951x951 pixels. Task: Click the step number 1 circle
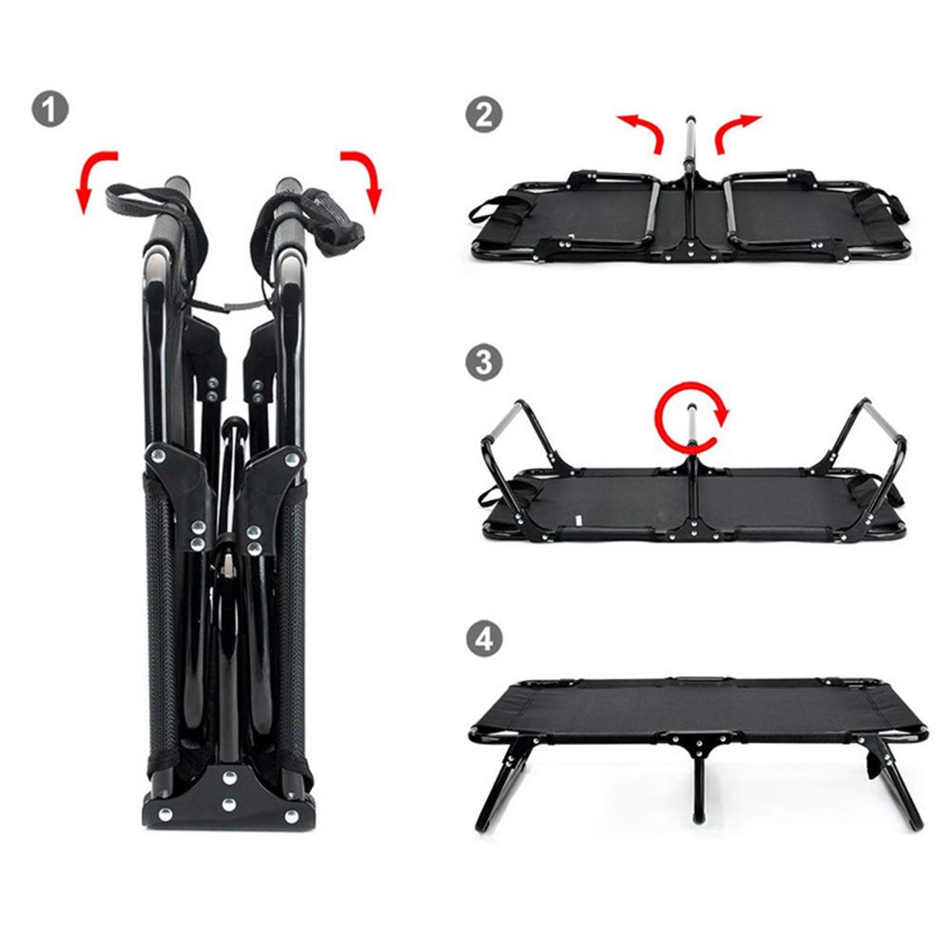[49, 109]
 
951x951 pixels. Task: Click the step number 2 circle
[484, 115]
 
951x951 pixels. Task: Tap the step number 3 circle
[484, 362]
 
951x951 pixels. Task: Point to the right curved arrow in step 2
[738, 129]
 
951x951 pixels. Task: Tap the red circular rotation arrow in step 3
[691, 415]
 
